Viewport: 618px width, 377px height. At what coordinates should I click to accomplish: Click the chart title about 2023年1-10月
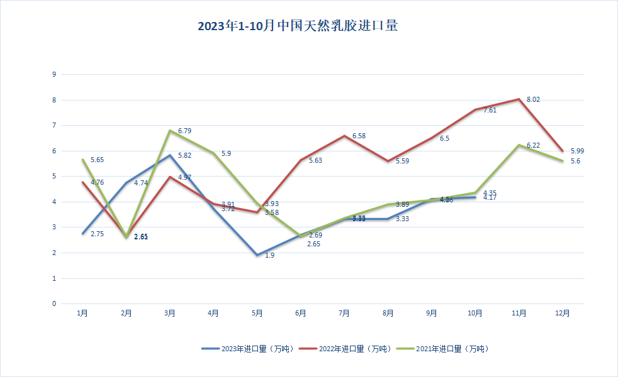[298, 26]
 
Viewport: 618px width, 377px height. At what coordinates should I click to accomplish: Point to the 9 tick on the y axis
[54, 74]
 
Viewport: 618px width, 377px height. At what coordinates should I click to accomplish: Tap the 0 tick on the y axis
[54, 303]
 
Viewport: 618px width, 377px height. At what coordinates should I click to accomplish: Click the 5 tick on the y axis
[54, 176]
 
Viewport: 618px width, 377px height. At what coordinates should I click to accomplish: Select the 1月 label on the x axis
[82, 313]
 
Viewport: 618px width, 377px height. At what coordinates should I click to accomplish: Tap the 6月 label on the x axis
[300, 313]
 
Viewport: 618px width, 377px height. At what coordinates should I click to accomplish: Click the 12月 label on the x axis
[563, 313]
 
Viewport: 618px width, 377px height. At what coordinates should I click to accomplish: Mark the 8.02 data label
[534, 99]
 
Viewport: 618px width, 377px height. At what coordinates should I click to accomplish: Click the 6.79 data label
[184, 131]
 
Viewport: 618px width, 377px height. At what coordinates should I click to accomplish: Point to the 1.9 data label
[269, 256]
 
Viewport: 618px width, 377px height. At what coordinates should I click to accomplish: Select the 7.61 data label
[490, 110]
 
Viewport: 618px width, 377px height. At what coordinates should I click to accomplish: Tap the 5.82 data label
[184, 155]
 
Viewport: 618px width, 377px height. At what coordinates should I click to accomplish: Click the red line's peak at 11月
[519, 99]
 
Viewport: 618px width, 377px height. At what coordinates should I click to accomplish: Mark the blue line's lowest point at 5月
[257, 255]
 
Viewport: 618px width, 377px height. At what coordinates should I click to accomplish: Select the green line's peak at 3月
[169, 131]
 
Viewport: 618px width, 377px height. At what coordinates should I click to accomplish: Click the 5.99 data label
[578, 151]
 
